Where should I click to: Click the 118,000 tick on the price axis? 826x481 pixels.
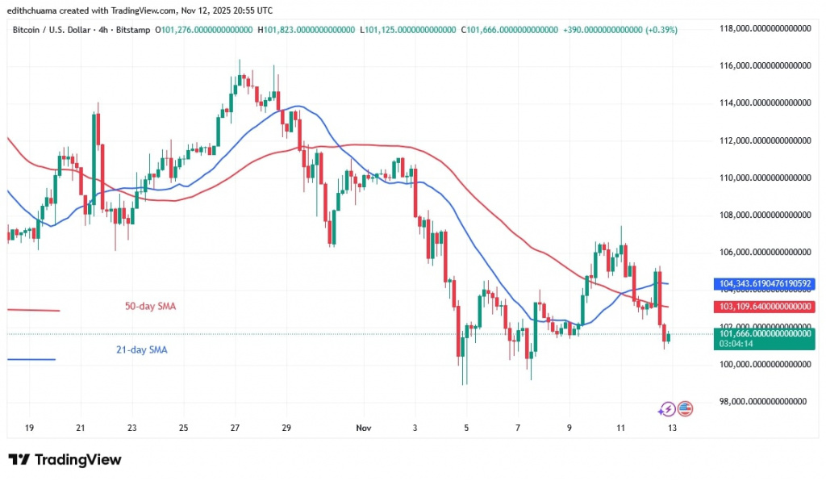[765, 28]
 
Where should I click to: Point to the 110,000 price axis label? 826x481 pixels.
[765, 178]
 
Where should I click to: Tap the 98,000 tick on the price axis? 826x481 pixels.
[765, 401]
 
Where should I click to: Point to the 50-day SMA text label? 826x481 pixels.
[151, 307]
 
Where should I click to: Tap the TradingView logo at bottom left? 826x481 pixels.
[65, 460]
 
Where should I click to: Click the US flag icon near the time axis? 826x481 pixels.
[685, 409]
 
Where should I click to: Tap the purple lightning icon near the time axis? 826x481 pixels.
[667, 409]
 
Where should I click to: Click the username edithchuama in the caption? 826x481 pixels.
[35, 10]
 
